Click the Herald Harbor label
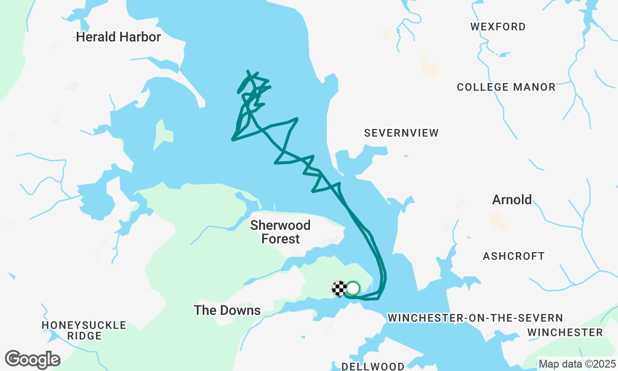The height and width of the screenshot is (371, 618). click(118, 37)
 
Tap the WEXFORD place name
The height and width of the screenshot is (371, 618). click(498, 27)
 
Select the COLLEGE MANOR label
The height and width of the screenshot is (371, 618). click(506, 87)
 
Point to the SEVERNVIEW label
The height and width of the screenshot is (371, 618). click(401, 133)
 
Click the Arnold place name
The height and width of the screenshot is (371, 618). click(512, 200)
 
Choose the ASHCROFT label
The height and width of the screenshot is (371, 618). click(514, 256)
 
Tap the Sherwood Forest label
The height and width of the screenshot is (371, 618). click(281, 232)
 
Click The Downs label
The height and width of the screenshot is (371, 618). click(227, 310)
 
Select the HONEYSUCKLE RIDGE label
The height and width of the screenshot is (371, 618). click(84, 330)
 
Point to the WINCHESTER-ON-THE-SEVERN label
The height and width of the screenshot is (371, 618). click(475, 318)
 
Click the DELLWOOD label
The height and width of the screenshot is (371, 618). click(373, 366)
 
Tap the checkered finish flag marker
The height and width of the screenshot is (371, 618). click(339, 288)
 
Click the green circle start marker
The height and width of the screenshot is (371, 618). click(353, 288)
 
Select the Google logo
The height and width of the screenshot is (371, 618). click(33, 359)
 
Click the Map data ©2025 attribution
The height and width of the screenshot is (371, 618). click(577, 364)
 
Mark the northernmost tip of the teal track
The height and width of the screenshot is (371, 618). click(248, 71)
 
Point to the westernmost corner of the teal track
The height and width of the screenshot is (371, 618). click(233, 140)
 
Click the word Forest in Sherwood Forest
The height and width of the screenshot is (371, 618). click(281, 239)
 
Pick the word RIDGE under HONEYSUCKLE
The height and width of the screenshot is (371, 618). click(84, 336)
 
